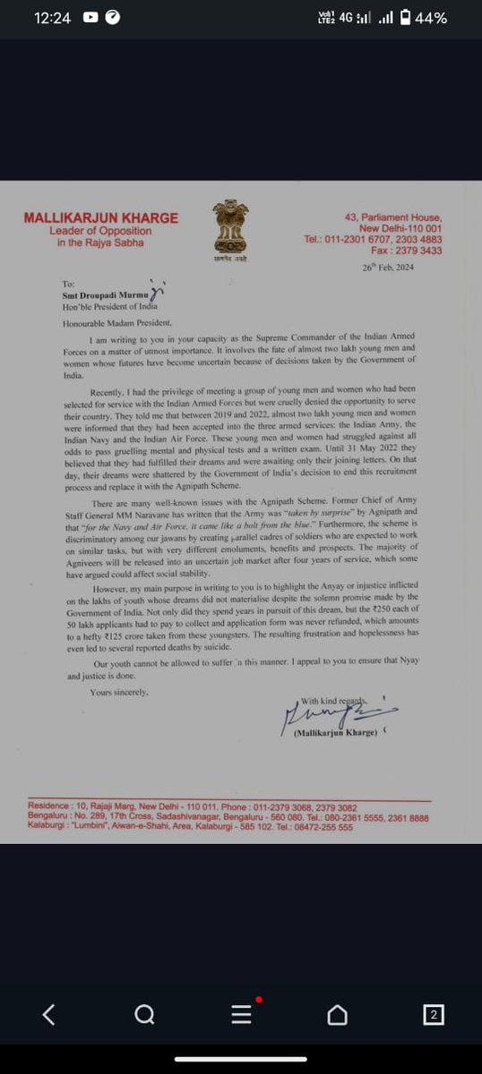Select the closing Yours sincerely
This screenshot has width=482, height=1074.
click(x=119, y=693)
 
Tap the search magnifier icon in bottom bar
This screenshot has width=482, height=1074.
click(x=143, y=1014)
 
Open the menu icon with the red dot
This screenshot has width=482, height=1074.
click(x=241, y=1013)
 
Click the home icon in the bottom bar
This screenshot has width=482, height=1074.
click(x=337, y=1014)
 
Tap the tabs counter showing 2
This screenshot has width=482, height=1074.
click(x=434, y=1014)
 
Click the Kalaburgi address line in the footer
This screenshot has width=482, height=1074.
click(x=190, y=828)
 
